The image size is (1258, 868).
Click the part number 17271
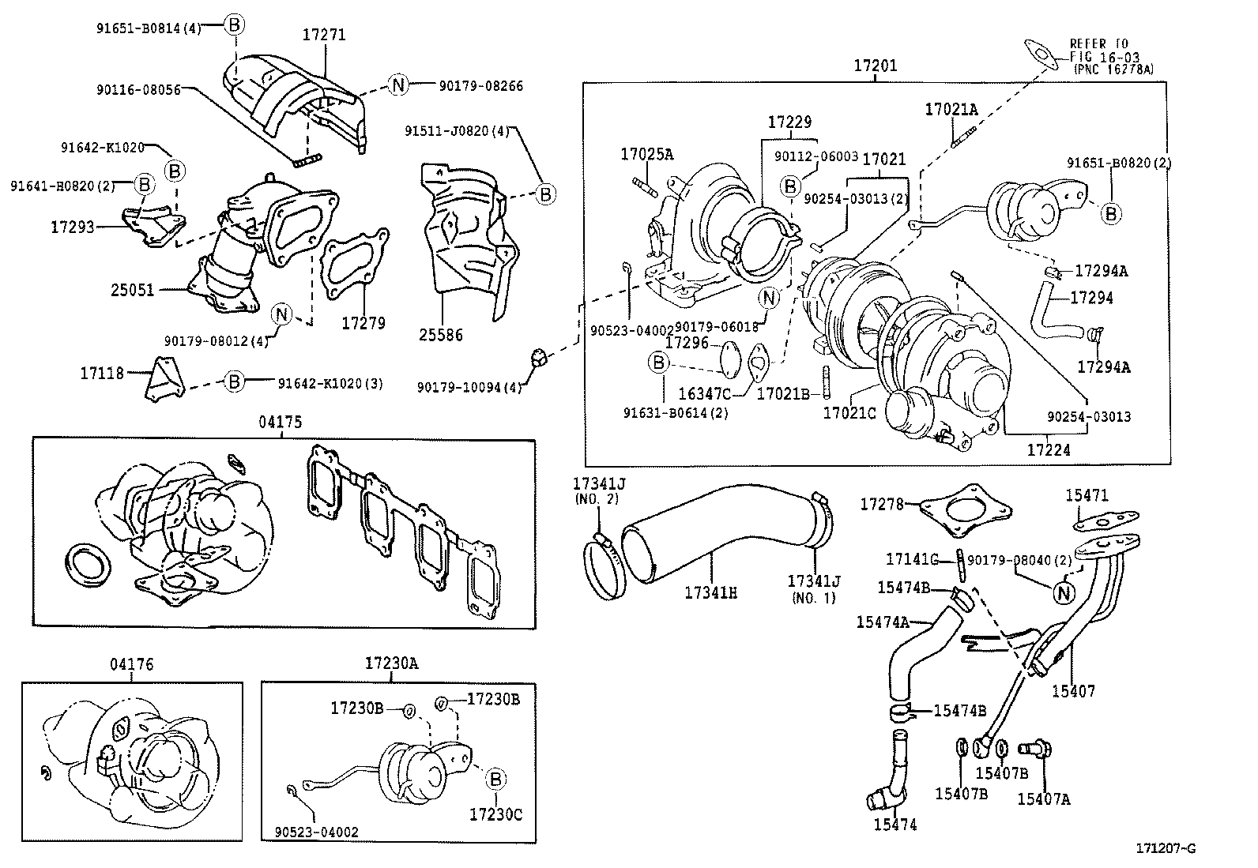coord(324,36)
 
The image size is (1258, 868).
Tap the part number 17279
coord(363,323)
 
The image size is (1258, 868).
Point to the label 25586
coord(441,335)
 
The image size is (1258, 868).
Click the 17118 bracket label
coord(102,373)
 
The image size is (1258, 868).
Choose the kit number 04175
coord(280,423)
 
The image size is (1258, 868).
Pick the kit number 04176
coord(132,665)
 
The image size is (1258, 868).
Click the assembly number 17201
coord(875,66)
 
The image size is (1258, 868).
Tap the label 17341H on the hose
coord(710,592)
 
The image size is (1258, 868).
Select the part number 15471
coord(1087,495)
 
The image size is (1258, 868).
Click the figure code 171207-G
coord(1166,848)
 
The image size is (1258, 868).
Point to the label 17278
coord(881,503)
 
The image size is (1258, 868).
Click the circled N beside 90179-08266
coord(399,85)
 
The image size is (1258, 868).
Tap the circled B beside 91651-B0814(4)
coord(235,25)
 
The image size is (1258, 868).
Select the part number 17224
coord(1049,450)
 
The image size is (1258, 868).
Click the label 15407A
coord(1043,798)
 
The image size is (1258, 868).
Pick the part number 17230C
coord(495,814)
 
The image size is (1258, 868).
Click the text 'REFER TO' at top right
coord(1099,43)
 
